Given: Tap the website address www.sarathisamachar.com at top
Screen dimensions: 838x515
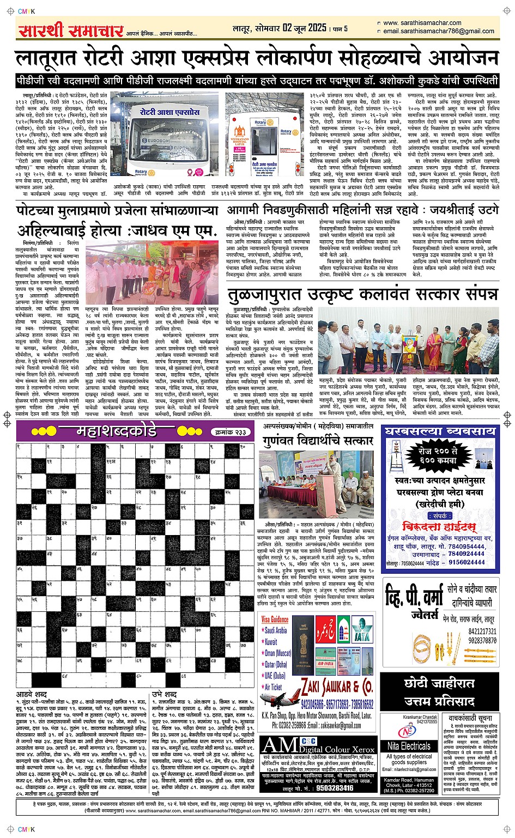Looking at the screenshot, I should pyautogui.click(x=422, y=23).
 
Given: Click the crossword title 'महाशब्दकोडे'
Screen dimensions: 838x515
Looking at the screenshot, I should pyautogui.click(x=110, y=432).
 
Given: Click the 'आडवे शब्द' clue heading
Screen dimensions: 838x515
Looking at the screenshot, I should pyautogui.click(x=32, y=695).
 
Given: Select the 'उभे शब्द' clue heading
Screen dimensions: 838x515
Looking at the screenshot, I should pyautogui.click(x=164, y=695).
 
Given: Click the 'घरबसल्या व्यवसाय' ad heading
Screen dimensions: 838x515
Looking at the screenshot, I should pyautogui.click(x=440, y=432).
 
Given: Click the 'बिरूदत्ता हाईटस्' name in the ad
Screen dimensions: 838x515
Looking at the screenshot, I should pyautogui.click(x=439, y=527).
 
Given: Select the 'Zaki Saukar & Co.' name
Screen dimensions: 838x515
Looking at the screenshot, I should pyautogui.click(x=337, y=685).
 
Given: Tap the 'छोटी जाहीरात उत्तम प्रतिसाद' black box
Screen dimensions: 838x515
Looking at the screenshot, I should pyautogui.click(x=439, y=692).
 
